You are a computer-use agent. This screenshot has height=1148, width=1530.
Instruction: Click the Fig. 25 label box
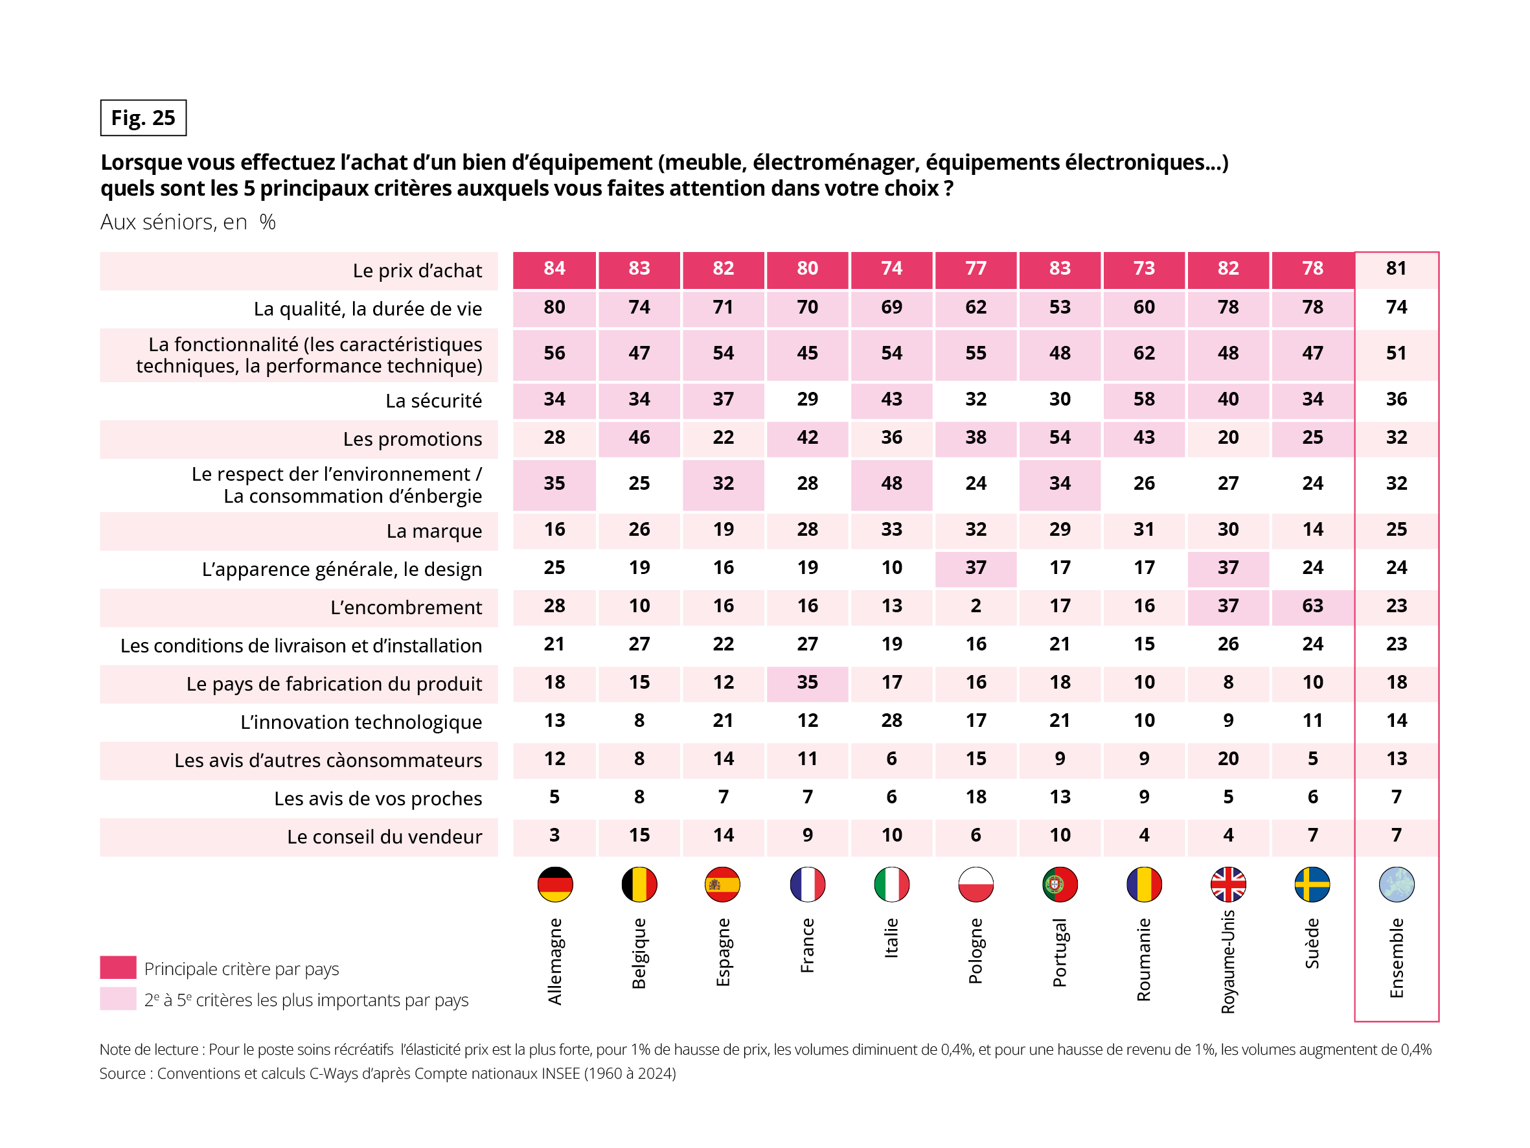(x=143, y=118)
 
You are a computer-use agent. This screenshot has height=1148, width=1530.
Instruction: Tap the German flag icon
(x=554, y=884)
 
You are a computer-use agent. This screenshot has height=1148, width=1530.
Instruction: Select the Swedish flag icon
(x=1312, y=884)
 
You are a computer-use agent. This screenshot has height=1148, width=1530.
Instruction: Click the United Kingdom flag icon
(x=1227, y=884)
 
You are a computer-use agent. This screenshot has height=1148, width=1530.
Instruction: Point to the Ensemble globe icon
(x=1396, y=884)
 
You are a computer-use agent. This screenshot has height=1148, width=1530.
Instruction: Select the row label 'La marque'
(x=434, y=531)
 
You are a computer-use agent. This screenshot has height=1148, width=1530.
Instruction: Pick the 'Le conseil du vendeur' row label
(x=384, y=836)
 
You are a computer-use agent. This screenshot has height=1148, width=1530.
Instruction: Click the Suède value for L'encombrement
(x=1312, y=606)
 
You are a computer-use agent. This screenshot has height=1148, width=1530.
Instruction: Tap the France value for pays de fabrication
(x=807, y=682)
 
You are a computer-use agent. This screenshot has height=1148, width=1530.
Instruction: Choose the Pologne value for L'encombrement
(x=976, y=606)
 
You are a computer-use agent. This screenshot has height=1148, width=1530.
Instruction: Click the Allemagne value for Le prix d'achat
(x=554, y=268)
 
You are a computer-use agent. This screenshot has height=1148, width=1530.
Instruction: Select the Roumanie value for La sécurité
(x=1143, y=399)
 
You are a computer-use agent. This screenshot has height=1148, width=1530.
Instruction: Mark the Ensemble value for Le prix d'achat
(x=1396, y=268)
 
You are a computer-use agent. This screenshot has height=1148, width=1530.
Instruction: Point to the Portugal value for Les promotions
(x=1060, y=437)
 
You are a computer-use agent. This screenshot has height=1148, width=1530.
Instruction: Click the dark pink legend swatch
(x=118, y=967)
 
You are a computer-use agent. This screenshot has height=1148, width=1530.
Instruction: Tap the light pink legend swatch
(x=118, y=998)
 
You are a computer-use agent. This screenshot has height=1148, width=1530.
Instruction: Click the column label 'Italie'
(x=891, y=937)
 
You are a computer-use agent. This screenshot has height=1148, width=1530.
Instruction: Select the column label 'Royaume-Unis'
(x=1227, y=962)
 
